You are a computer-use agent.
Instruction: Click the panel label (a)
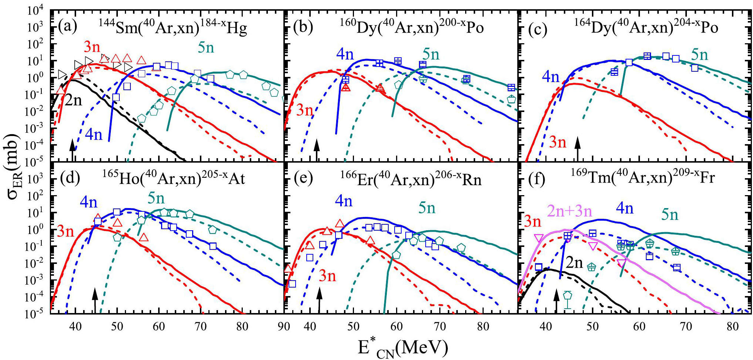click(x=68, y=27)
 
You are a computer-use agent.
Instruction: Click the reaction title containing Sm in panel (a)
click(x=173, y=27)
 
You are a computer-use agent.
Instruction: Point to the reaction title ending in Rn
click(x=411, y=178)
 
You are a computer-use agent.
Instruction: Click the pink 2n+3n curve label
click(x=569, y=211)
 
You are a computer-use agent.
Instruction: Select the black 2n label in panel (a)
click(x=73, y=100)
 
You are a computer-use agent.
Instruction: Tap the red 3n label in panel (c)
click(x=558, y=142)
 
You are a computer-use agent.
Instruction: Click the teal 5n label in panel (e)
click(x=427, y=208)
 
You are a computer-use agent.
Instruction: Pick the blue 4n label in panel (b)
click(x=345, y=54)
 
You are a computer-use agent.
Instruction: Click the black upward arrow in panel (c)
click(x=577, y=148)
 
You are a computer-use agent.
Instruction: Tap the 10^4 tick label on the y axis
click(x=35, y=10)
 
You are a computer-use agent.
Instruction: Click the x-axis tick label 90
click(x=284, y=326)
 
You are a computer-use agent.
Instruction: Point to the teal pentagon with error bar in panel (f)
click(x=568, y=296)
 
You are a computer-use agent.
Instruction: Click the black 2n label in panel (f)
click(x=574, y=263)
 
